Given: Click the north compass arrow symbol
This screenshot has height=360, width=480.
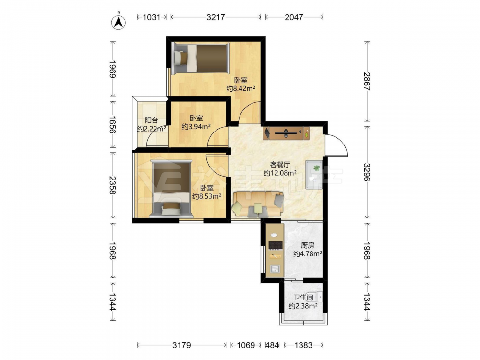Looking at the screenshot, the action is [x=119, y=21].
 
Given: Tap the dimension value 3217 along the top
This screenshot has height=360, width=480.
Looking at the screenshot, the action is [x=216, y=17].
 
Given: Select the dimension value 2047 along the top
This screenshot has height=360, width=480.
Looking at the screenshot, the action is [x=294, y=17].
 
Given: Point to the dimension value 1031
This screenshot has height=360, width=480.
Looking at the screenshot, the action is [x=152, y=17].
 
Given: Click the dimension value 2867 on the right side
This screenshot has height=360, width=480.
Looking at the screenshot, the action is [x=367, y=81].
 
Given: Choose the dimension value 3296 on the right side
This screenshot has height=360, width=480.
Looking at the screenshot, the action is [x=367, y=172].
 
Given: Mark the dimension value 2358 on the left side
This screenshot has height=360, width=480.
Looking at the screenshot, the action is [x=113, y=185].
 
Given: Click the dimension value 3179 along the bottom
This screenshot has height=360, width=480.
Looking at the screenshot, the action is [x=181, y=345].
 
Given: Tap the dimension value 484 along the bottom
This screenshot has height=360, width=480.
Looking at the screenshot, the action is [x=272, y=345].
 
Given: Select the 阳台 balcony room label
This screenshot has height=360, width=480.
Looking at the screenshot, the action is [x=151, y=120].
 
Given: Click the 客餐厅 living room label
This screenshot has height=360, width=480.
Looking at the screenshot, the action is [x=280, y=165].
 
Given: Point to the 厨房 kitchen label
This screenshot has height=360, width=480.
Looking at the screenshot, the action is [x=307, y=245].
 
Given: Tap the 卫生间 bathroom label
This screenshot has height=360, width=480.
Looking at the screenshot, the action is [x=303, y=298].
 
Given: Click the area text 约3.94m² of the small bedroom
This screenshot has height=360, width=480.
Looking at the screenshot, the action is [x=196, y=126].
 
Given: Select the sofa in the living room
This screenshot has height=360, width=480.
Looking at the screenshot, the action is [x=258, y=204].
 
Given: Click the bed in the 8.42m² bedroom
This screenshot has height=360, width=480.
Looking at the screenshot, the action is [x=200, y=58].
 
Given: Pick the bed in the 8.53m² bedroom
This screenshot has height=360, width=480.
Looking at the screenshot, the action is [x=171, y=188].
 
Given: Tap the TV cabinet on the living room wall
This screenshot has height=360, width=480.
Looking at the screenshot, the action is [x=286, y=133].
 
